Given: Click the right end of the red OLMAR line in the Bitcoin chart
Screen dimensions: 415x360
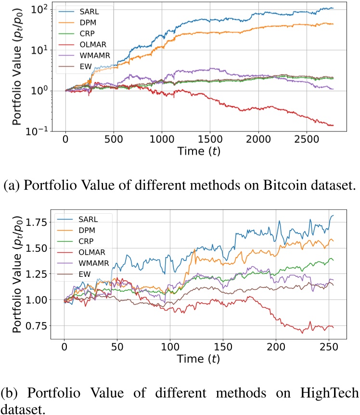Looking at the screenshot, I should (x=333, y=125).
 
